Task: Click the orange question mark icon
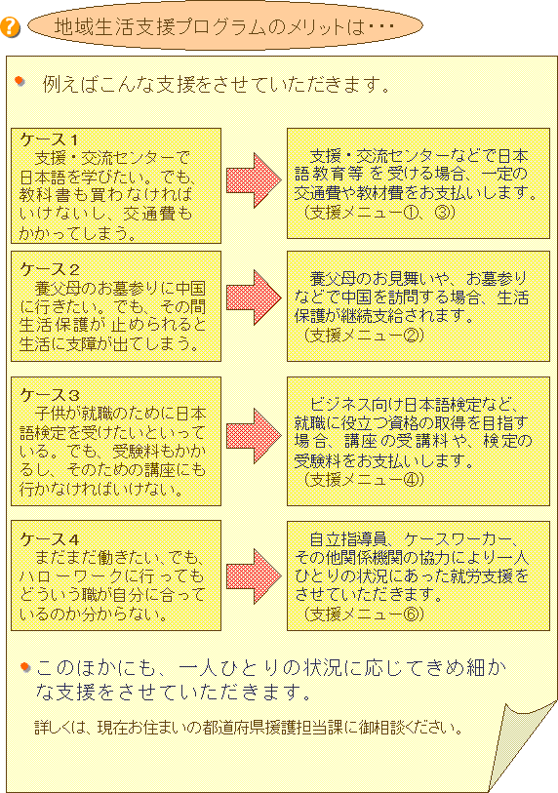pyautogui.click(x=10, y=26)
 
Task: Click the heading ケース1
pyautogui.click(x=49, y=139)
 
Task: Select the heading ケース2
pyautogui.click(x=50, y=269)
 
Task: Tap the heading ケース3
pyautogui.click(x=50, y=394)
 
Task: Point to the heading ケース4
pyautogui.click(x=50, y=539)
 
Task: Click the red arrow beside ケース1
pyautogui.click(x=254, y=180)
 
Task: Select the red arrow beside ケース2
pyautogui.click(x=254, y=297)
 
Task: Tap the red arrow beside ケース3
pyautogui.click(x=254, y=435)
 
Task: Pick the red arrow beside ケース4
pyautogui.click(x=254, y=576)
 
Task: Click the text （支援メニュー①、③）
pyautogui.click(x=379, y=212)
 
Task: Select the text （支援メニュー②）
pyautogui.click(x=364, y=335)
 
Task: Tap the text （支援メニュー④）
pyautogui.click(x=364, y=478)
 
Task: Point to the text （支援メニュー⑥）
pyautogui.click(x=364, y=614)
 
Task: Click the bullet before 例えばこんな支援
pyautogui.click(x=20, y=81)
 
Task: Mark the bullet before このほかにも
pyautogui.click(x=25, y=667)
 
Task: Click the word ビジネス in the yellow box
pyautogui.click(x=339, y=404)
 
